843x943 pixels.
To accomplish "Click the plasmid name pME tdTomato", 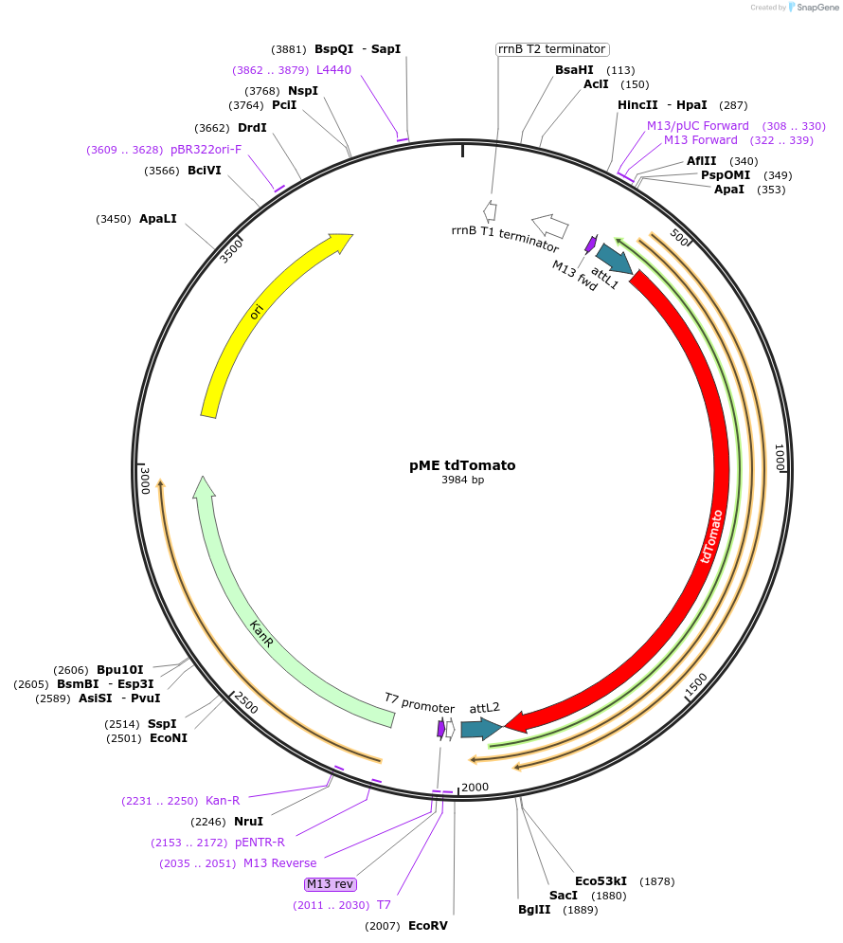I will (462, 465).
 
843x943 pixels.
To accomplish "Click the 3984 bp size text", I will (462, 481).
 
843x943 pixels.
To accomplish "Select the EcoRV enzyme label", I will (427, 925).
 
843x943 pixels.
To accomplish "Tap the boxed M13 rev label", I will (330, 884).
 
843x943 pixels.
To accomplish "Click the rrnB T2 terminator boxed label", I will (552, 49).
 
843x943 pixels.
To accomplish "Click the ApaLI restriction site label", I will (158, 219).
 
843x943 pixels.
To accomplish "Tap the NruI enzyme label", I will (248, 822).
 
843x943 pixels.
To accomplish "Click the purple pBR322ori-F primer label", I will (206, 150).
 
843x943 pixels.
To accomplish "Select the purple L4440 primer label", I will (333, 69).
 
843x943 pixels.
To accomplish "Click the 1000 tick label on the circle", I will (780, 458).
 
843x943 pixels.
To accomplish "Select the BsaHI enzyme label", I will (574, 69).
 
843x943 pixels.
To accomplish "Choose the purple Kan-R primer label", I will (223, 801).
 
